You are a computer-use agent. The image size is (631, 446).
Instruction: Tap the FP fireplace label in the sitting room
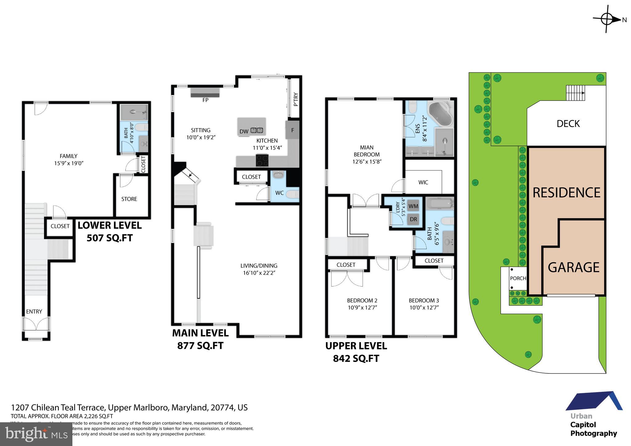[x=205, y=100]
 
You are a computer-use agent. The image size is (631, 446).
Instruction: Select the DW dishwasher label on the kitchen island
[x=244, y=132]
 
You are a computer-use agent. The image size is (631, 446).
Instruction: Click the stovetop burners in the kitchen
[x=262, y=160]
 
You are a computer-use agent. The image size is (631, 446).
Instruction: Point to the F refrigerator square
[x=292, y=130]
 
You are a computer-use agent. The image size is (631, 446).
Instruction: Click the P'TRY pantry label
[x=296, y=99]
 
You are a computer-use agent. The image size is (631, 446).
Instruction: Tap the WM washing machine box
[x=413, y=206]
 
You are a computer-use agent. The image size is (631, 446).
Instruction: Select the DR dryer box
[x=413, y=219]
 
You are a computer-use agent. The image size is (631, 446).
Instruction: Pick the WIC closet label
[x=423, y=182]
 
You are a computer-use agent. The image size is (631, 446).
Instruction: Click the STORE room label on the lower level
[x=129, y=199]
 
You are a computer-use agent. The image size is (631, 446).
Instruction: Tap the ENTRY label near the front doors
[x=34, y=311]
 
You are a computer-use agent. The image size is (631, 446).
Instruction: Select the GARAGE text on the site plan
[x=573, y=267]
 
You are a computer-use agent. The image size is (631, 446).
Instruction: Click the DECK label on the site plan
[x=568, y=124]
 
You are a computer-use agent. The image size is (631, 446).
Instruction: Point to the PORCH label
[x=518, y=278]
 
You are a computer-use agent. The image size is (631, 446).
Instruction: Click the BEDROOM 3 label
[x=424, y=300]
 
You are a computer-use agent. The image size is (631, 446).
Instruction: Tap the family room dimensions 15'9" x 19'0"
[x=69, y=163]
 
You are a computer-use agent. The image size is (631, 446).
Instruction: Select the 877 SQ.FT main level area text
[x=200, y=346]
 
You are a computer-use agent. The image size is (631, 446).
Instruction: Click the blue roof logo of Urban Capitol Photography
[x=593, y=401]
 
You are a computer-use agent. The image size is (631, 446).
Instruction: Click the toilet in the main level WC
[x=292, y=194]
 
